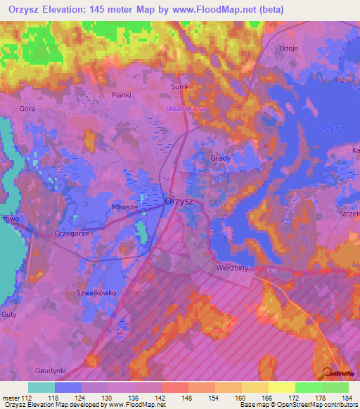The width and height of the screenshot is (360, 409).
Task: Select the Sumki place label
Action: pyautogui.click(x=181, y=86)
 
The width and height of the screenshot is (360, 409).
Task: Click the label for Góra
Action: pyautogui.click(x=27, y=109)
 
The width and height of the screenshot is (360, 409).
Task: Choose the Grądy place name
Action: pyautogui.click(x=220, y=158)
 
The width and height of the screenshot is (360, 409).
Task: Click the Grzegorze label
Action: pyautogui.click(x=72, y=233)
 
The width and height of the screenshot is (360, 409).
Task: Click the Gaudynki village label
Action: pyautogui.click(x=51, y=370)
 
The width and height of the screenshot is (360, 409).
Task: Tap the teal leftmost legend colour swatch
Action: pyautogui.click(x=41, y=387)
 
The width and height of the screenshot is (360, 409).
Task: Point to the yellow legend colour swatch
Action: pyautogui.click(x=282, y=387)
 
